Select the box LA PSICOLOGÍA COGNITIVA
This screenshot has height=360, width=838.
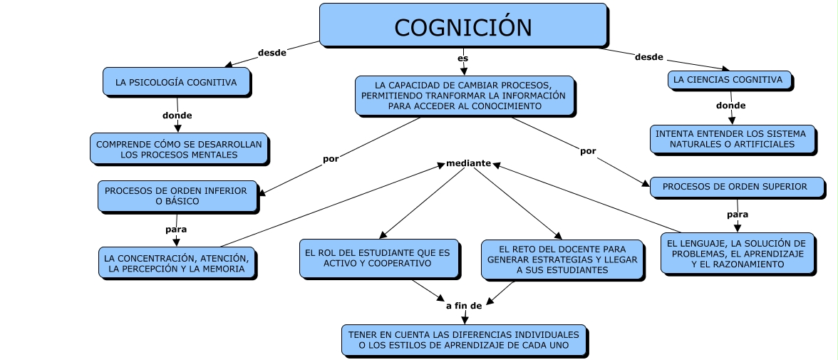tap(176, 82)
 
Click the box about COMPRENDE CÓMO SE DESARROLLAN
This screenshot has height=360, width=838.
tap(179, 149)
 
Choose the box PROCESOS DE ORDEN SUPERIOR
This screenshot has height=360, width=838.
tap(735, 187)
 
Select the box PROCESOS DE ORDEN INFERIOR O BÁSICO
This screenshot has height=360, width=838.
tap(177, 196)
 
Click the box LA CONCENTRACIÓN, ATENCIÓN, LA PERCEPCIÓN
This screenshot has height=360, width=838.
tap(176, 263)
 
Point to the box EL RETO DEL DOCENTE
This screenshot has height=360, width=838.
tap(562, 259)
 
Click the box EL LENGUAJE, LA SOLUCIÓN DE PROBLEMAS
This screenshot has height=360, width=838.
tap(736, 254)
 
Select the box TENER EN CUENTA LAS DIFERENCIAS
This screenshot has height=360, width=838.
tap(463, 340)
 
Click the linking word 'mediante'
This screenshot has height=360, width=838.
tap(468, 163)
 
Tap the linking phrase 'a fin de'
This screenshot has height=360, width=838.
tap(464, 305)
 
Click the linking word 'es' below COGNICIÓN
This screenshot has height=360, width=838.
tap(463, 58)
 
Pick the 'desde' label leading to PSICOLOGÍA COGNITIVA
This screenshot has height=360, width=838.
tap(271, 53)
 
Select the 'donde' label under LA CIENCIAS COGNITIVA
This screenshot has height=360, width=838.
tap(730, 106)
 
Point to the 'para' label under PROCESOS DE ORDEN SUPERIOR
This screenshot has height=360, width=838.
tap(738, 214)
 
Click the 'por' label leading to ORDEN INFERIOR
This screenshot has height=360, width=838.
tap(331, 159)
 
